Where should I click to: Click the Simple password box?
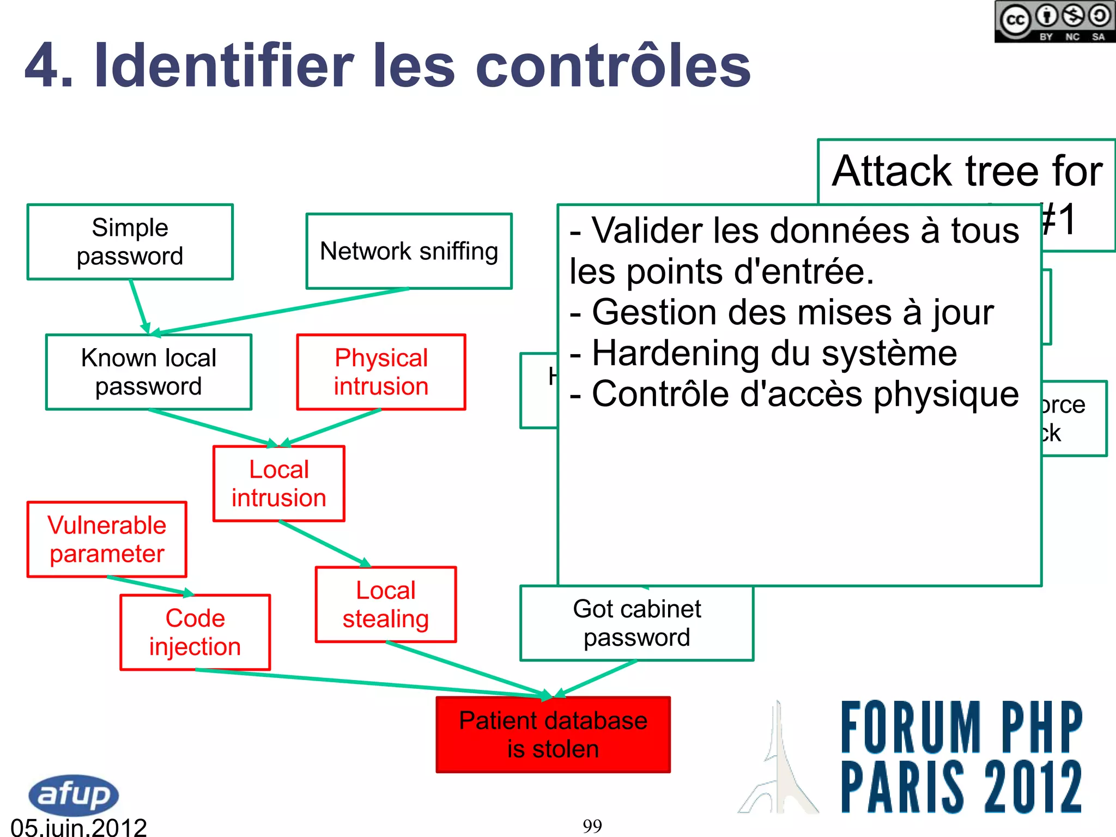[130, 242]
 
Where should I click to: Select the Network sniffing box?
[409, 251]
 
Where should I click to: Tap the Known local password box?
[149, 372]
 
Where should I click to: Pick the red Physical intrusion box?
[381, 372]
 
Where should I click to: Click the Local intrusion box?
[279, 484]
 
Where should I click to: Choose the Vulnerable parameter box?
[107, 539]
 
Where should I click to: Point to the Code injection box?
[195, 633]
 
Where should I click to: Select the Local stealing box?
[386, 605]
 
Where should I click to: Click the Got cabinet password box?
[637, 623]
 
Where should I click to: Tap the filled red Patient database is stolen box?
[553, 735]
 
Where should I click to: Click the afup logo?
[73, 795]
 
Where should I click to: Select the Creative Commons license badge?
[1054, 22]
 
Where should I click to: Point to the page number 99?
[592, 826]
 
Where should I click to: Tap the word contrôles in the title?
[614, 66]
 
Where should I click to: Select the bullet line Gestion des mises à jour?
[782, 313]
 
